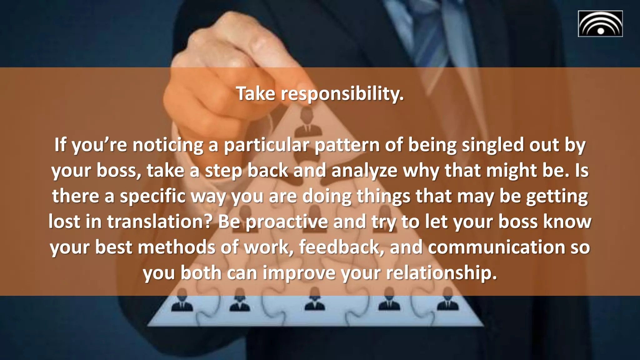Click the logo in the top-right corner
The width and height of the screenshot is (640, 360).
click(600, 24)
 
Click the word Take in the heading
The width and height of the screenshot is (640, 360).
click(255, 93)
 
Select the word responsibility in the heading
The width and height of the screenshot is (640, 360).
click(342, 94)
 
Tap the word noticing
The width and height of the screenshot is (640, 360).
click(168, 145)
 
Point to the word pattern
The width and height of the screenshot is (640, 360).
click(347, 145)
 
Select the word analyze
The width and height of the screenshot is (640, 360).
click(364, 171)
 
